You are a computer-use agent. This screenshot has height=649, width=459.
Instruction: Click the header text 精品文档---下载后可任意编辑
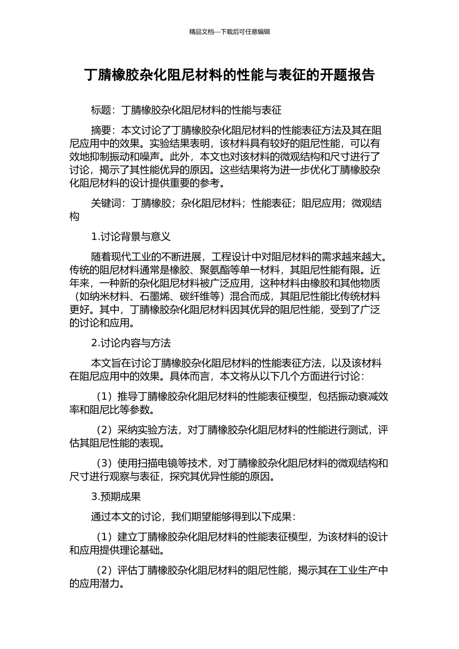pos(229,32)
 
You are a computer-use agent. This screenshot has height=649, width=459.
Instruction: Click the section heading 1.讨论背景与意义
pos(130,237)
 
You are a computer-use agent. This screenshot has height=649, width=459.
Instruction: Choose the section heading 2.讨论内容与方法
pos(130,343)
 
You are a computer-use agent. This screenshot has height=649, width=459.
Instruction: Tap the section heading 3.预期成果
pos(115,496)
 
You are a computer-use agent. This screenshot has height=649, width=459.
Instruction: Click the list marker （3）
pos(105,464)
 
